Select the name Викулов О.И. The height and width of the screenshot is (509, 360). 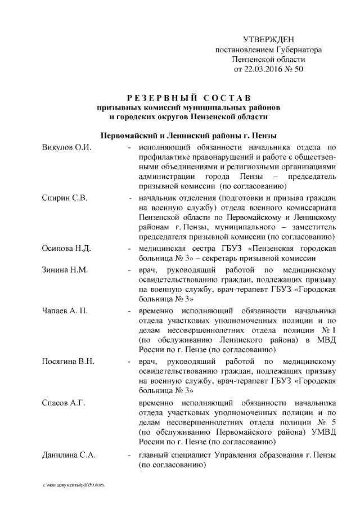pyautogui.click(x=66, y=147)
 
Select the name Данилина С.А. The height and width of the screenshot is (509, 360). pyautogui.click(x=69, y=455)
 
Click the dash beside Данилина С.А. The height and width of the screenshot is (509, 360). pyautogui.click(x=130, y=455)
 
